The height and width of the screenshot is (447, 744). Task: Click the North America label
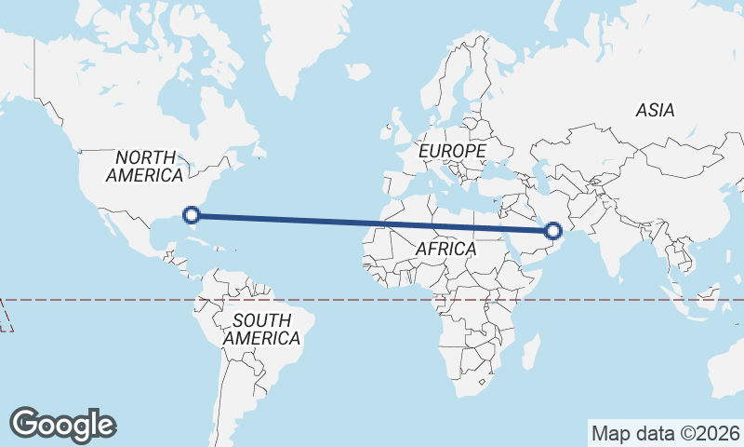[144, 166]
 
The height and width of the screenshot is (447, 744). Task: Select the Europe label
[452, 150]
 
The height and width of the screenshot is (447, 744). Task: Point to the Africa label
[445, 250]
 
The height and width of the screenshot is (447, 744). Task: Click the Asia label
[655, 110]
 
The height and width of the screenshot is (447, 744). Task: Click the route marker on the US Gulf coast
[192, 215]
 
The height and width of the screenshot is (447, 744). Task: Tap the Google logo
[63, 424]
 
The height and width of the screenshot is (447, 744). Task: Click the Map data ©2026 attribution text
[664, 433]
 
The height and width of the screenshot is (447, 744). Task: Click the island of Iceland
[358, 71]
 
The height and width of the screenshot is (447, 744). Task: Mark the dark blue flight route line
[372, 223]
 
